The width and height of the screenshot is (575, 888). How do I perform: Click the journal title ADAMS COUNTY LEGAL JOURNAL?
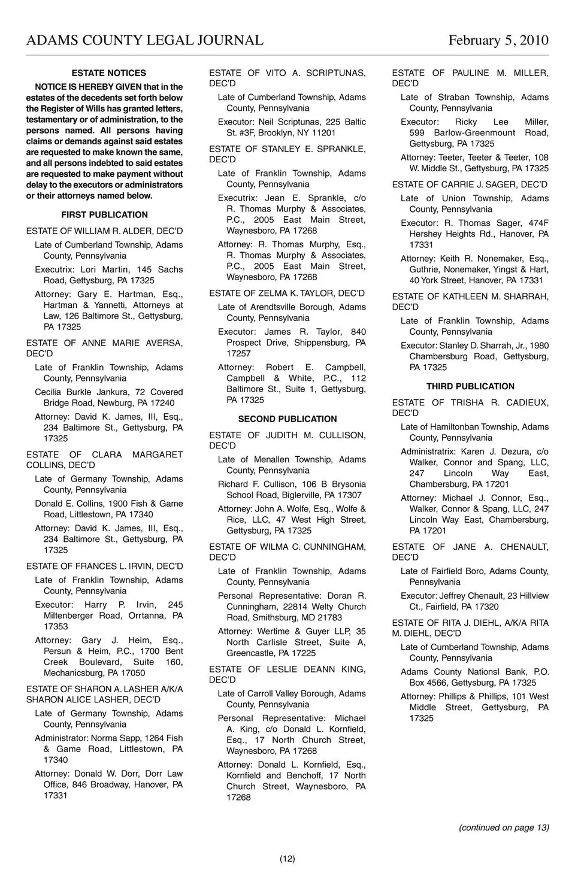click(144, 40)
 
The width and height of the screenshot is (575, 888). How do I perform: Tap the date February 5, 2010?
click(498, 40)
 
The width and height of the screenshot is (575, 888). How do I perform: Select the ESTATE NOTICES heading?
click(108, 73)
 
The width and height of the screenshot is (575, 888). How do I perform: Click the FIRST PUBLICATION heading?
click(104, 215)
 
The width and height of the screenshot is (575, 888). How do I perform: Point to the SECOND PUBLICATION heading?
click(287, 419)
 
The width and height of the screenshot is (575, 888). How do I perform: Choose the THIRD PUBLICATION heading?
click(470, 387)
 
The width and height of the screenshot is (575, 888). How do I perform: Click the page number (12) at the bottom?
click(287, 859)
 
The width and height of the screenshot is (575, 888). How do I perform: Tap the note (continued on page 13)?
click(504, 828)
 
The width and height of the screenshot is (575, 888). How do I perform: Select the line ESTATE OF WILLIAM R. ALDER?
click(104, 231)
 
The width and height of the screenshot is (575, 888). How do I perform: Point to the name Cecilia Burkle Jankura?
click(81, 392)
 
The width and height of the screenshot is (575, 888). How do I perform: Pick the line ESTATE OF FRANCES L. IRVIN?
click(104, 566)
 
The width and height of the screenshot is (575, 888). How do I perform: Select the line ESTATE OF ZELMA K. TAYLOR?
click(287, 293)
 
